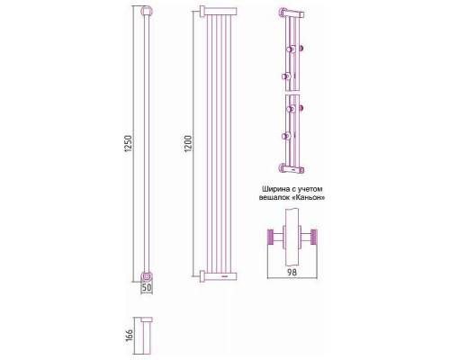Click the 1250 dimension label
tap(128, 143)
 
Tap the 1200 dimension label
tap(188, 143)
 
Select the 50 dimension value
tap(147, 288)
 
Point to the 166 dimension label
tap(129, 336)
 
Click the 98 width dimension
tap(292, 273)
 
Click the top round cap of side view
tap(147, 12)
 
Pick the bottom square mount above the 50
tap(147, 276)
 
